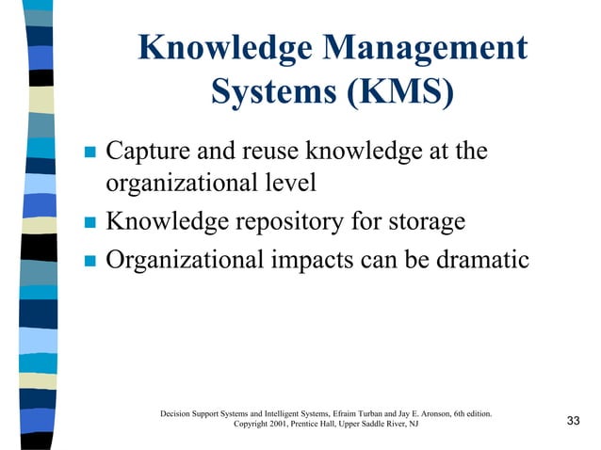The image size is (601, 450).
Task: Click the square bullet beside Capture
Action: click(90, 152)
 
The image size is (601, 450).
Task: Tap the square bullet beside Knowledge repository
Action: click(90, 223)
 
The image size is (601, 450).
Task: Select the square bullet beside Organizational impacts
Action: click(90, 260)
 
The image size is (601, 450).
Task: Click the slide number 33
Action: click(572, 420)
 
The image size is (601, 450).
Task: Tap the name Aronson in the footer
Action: click(431, 413)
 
